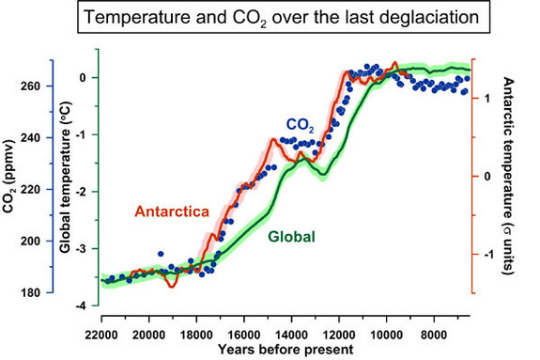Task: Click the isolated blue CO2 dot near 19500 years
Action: (x=161, y=255)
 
